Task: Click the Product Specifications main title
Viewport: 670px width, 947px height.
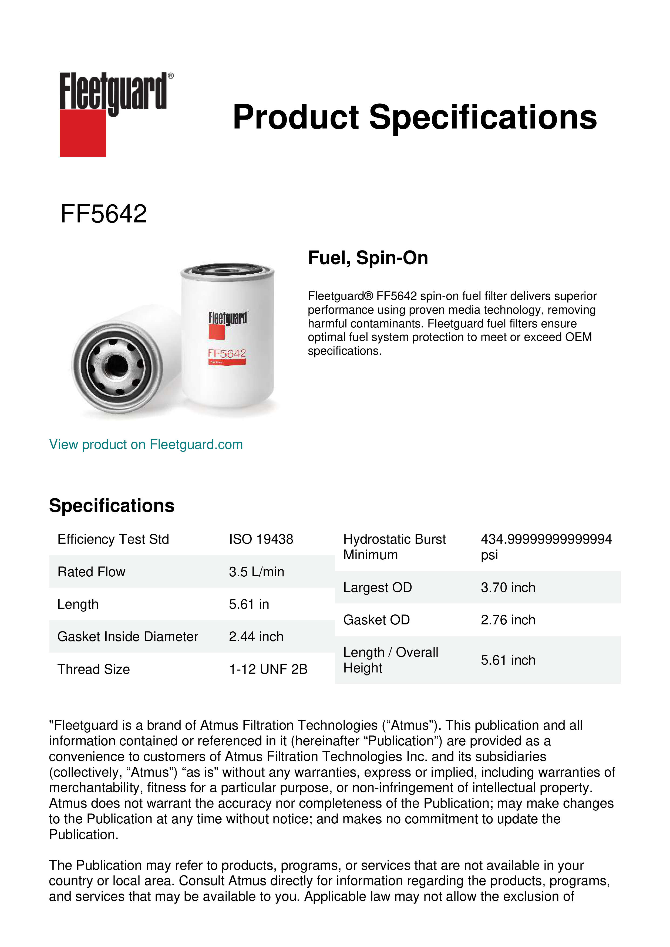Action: click(x=414, y=117)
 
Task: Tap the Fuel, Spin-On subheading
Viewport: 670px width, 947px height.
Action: click(x=368, y=258)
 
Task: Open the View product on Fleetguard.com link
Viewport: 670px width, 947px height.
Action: click(x=146, y=444)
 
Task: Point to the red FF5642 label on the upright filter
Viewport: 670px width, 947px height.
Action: click(x=227, y=353)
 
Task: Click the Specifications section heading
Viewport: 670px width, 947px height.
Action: click(x=111, y=505)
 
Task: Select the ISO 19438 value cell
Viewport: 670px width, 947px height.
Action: click(x=261, y=539)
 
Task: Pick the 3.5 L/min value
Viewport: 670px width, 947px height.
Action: click(x=256, y=572)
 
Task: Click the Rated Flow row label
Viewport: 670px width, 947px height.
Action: click(x=91, y=572)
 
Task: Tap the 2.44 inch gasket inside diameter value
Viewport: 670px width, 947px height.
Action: click(x=256, y=637)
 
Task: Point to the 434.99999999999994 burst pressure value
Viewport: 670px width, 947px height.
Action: click(x=546, y=539)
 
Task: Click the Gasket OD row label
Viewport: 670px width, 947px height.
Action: click(x=376, y=620)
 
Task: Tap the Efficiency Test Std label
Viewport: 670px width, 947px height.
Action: click(x=113, y=539)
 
